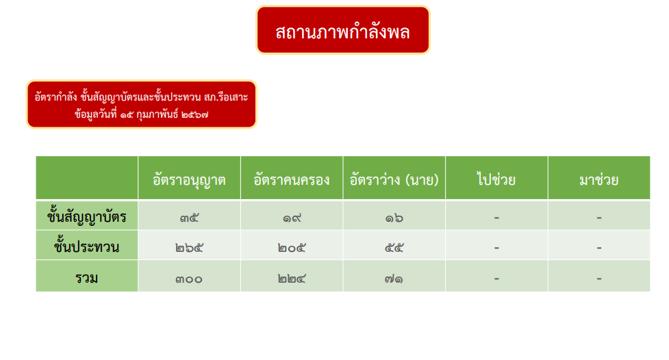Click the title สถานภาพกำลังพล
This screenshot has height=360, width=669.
tap(342, 31)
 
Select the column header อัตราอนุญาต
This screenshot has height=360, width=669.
tap(189, 179)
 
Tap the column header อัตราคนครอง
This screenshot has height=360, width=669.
tap(292, 179)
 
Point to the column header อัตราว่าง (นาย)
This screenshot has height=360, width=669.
tap(394, 179)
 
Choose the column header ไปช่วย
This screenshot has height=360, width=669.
tap(496, 179)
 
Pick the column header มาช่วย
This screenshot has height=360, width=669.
tap(599, 179)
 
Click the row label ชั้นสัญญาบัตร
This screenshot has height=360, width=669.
tap(86, 216)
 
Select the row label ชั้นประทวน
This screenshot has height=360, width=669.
tap(86, 246)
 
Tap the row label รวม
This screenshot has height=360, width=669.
tap(86, 278)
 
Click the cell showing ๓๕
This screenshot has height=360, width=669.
tap(189, 218)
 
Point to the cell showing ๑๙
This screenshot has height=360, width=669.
tap(292, 218)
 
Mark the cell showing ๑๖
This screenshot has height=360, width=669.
tap(394, 218)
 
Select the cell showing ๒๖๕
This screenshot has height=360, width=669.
tap(189, 248)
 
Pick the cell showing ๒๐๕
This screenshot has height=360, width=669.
tap(292, 248)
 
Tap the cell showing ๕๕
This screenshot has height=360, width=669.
tap(394, 248)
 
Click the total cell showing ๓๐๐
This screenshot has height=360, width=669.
tap(189, 279)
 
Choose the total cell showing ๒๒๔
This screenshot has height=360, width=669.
tap(292, 279)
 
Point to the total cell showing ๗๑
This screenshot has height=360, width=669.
tap(394, 279)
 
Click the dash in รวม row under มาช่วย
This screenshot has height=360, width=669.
tap(599, 279)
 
